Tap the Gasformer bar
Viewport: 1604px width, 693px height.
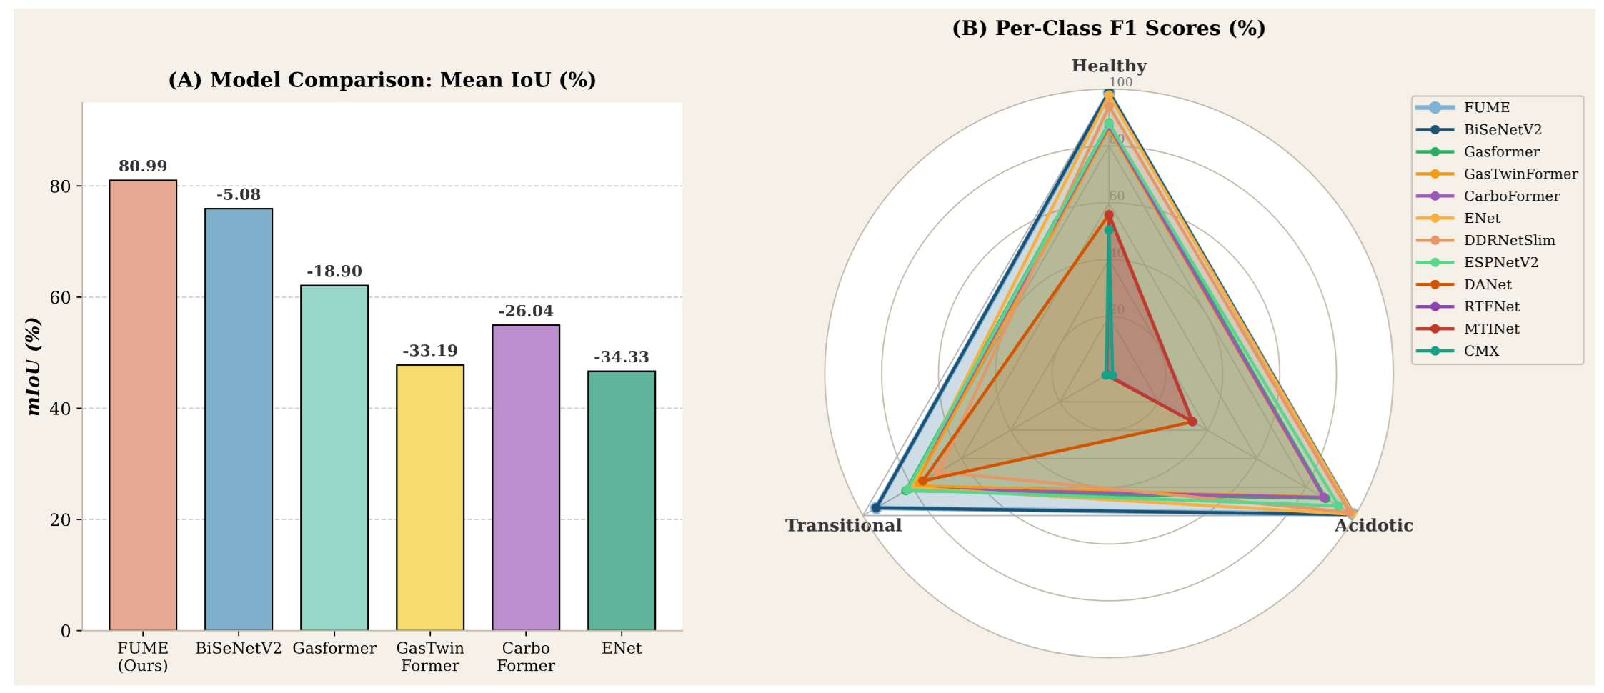coord(334,457)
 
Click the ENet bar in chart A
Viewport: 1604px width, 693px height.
coord(622,500)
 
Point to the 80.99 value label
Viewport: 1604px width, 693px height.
coord(143,166)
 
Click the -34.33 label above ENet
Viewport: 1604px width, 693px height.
coord(622,357)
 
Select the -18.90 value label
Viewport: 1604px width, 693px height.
coord(334,271)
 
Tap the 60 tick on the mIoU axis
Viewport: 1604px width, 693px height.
coord(61,297)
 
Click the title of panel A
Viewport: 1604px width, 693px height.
coord(382,80)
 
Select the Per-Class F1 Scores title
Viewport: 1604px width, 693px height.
coord(1109,29)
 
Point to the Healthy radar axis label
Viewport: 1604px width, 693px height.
coord(1109,66)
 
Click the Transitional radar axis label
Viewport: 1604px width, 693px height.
coord(844,526)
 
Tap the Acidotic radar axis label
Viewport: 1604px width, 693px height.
coord(1374,526)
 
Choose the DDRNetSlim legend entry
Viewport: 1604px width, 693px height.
coord(1509,241)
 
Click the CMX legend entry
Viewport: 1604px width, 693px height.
coord(1481,352)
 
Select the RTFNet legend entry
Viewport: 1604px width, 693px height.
coord(1491,307)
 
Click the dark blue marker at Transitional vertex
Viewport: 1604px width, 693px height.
coord(876,508)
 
